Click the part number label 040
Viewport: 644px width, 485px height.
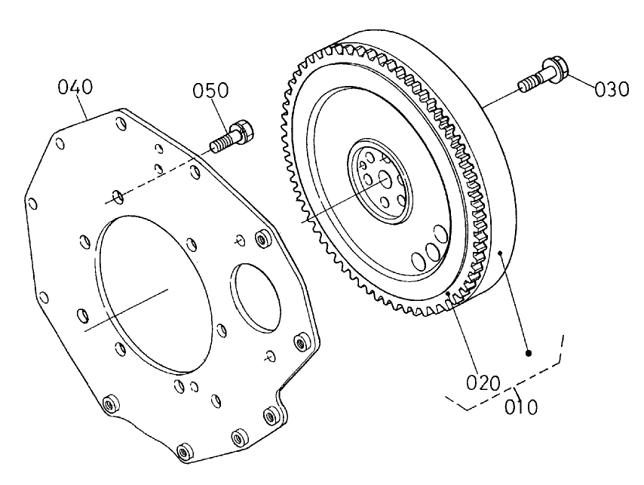pos(76,87)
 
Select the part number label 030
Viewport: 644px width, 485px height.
pos(611,89)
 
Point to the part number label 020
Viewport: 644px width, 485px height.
pos(482,382)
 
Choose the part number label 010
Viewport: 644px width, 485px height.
pos(522,407)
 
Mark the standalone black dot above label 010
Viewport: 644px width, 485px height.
pos(529,352)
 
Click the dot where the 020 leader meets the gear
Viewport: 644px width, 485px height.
pos(449,292)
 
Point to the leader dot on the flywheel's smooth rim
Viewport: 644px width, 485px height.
pos(501,253)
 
